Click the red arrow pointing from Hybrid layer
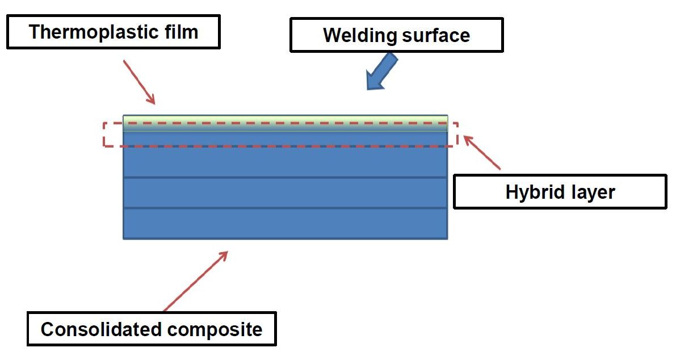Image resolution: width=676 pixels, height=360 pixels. (482, 152)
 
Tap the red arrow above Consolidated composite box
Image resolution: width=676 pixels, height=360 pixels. (196, 281)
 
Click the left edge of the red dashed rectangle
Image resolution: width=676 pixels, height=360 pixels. (104, 134)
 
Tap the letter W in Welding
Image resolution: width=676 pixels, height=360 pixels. (331, 35)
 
